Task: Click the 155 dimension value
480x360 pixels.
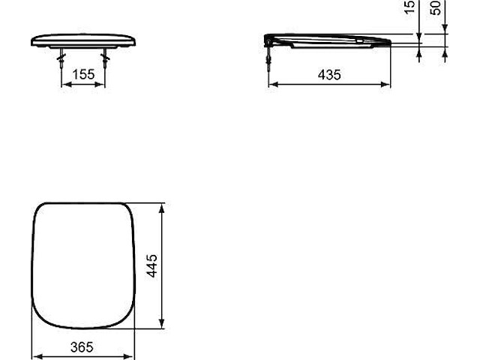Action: [83, 74]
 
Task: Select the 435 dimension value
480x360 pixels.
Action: [329, 74]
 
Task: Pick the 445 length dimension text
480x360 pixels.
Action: [151, 265]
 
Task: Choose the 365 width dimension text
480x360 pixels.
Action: [83, 346]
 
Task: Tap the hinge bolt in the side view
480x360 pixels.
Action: [268, 56]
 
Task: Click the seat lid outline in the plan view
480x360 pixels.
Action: [82, 265]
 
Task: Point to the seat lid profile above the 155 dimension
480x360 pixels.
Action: [83, 39]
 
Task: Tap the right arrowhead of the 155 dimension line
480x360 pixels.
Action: [102, 84]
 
